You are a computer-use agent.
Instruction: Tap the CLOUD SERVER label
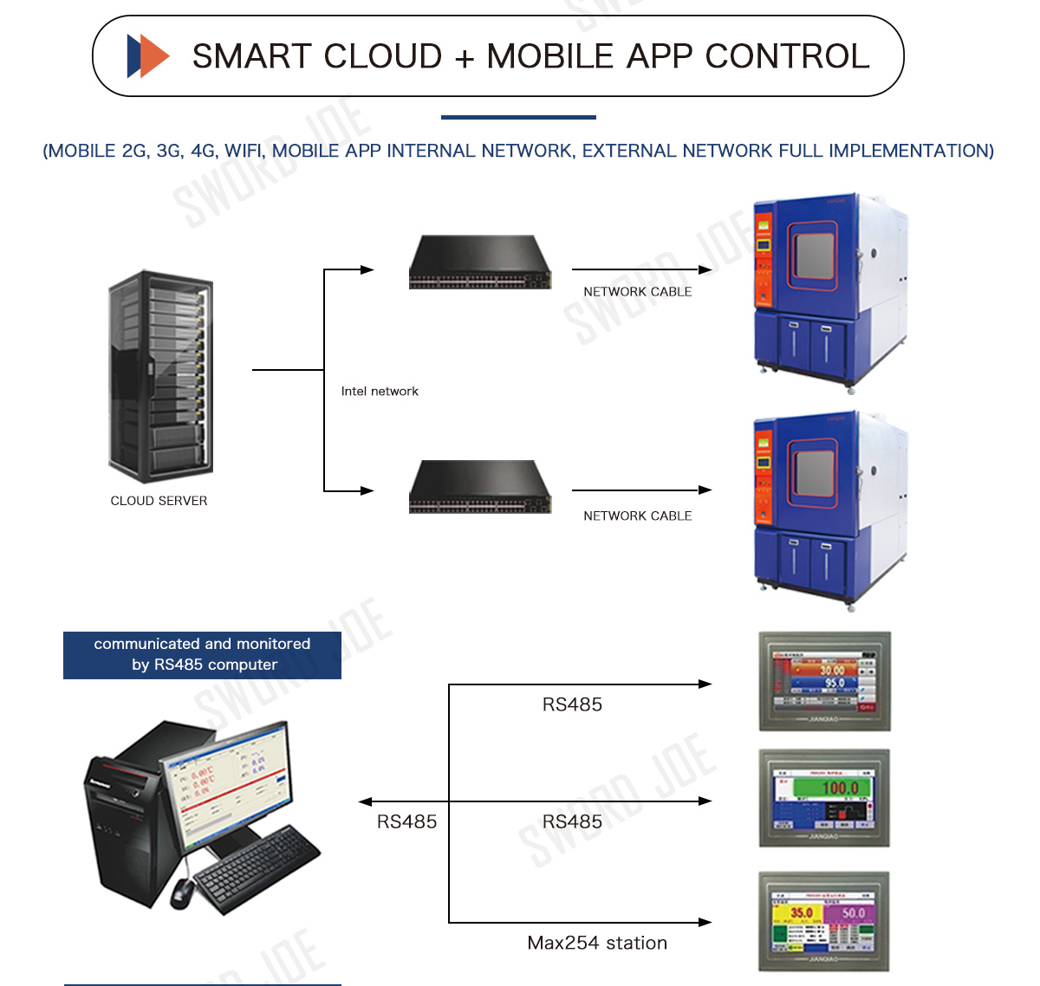point(159,501)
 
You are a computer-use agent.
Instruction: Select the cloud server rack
point(160,376)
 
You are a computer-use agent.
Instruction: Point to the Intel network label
point(380,392)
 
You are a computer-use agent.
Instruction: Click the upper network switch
point(480,263)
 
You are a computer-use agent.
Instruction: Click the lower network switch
point(480,487)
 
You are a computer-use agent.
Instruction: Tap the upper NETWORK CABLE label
point(638,292)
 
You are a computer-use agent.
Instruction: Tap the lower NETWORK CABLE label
point(638,516)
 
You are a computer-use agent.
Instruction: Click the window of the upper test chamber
point(814,256)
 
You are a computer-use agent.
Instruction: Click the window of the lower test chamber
point(814,474)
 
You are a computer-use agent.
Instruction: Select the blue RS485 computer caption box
point(202,655)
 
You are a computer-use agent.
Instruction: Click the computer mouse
point(182,892)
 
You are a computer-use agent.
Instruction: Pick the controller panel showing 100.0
point(824,798)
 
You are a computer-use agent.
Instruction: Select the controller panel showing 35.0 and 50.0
point(824,922)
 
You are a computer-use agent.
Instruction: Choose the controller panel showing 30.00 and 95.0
point(824,681)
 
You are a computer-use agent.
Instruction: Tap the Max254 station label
point(597,944)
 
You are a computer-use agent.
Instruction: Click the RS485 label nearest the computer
point(406,822)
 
